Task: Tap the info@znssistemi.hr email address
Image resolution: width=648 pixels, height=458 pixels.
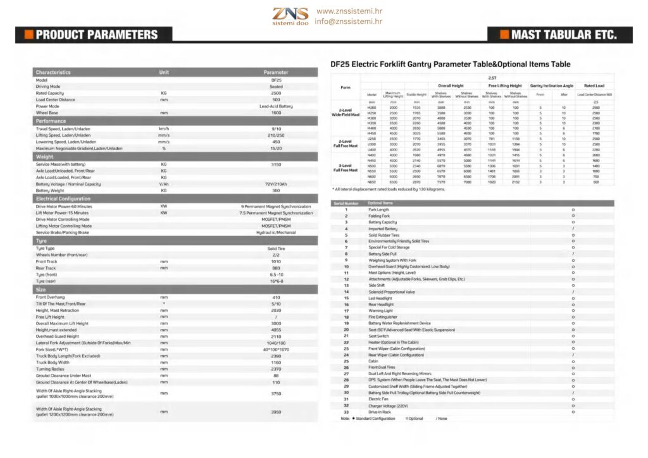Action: (348, 21)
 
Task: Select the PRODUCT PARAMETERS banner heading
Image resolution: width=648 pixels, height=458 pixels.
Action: (96, 35)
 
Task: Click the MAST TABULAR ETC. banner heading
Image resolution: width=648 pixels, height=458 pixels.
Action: (563, 35)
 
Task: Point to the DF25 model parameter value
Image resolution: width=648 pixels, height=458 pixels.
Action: (276, 80)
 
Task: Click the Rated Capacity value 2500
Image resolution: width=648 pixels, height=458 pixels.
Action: (276, 93)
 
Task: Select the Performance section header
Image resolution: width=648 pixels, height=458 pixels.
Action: (51, 121)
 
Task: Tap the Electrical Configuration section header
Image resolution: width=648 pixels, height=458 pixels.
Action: (63, 199)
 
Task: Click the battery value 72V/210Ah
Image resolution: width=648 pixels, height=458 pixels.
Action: (276, 184)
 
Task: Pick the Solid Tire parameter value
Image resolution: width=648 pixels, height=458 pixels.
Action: (276, 249)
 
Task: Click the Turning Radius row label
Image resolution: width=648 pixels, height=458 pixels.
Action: (51, 369)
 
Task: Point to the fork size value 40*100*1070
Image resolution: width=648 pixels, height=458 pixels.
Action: (276, 349)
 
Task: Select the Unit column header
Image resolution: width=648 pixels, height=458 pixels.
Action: (164, 72)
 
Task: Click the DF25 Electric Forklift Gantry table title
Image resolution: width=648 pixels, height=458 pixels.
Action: (451, 64)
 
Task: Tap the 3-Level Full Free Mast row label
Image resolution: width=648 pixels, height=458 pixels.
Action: (346, 168)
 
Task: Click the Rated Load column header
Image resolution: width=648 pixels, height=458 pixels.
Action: (595, 85)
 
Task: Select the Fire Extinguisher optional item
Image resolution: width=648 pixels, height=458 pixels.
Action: (382, 317)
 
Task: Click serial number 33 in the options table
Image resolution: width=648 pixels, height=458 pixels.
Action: (346, 412)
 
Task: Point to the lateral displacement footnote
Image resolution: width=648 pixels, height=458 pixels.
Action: (389, 189)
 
